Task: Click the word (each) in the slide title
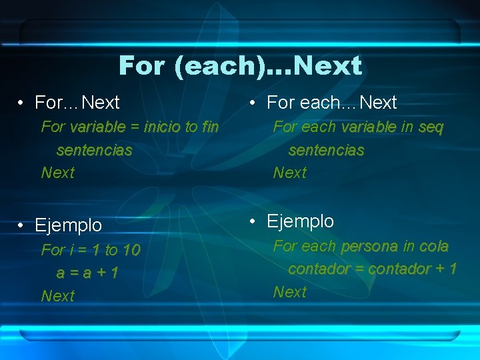point(220,66)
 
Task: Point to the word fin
point(209,127)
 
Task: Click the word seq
point(431,127)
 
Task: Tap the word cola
point(433,246)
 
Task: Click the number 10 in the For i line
point(131,250)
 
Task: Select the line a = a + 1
point(87,273)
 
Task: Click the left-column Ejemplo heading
point(68,225)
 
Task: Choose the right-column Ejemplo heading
point(300,221)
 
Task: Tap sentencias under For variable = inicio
point(94,150)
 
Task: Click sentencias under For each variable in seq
point(326,150)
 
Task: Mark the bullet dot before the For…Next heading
point(22,103)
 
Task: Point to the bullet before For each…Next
point(254,103)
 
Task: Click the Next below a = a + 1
point(58,295)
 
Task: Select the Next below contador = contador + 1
point(290,291)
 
